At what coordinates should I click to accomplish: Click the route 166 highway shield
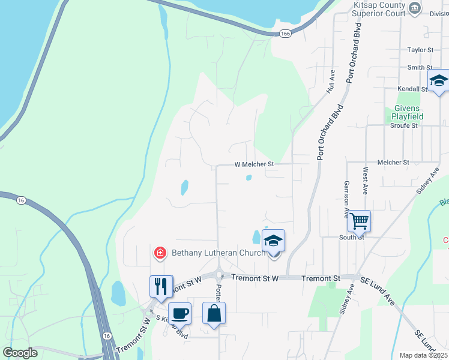(x=285, y=34)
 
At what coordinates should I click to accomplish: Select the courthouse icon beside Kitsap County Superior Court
(x=414, y=8)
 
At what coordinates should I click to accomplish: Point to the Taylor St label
(x=420, y=50)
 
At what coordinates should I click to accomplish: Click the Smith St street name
(x=420, y=68)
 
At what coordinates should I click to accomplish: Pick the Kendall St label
(x=411, y=89)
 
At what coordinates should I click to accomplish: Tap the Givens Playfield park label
(x=408, y=112)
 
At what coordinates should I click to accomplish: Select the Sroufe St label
(x=404, y=126)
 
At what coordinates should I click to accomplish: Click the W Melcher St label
(x=253, y=164)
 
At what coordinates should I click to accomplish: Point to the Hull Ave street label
(x=331, y=80)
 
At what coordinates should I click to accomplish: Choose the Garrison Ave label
(x=346, y=199)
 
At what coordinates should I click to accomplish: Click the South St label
(x=353, y=237)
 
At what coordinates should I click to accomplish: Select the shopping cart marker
(x=359, y=221)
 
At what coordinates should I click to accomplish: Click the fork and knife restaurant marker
(x=161, y=286)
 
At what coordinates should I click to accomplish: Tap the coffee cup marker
(x=179, y=313)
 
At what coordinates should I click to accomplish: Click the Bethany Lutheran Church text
(x=218, y=253)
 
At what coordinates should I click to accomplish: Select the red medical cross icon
(x=160, y=253)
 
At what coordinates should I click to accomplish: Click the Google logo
(x=20, y=352)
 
